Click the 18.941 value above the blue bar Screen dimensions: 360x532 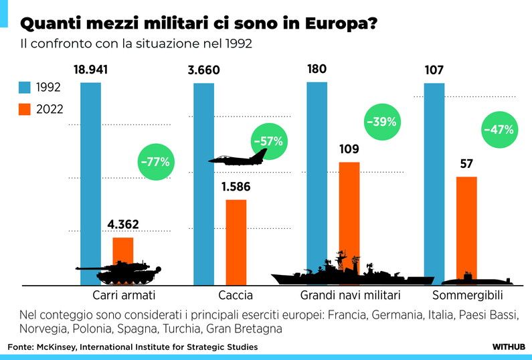90,69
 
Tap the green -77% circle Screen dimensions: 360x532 155,161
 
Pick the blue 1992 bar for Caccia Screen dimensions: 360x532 203,181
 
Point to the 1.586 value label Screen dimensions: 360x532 236,187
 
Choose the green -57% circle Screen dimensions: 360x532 268,141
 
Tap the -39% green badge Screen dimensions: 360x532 381,122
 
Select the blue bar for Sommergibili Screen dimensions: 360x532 434,181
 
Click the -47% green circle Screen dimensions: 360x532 498,130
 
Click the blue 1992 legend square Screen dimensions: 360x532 25,87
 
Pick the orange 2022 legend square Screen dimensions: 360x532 25,110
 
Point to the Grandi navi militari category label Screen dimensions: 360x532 350,295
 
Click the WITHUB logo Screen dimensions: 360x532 508,347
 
